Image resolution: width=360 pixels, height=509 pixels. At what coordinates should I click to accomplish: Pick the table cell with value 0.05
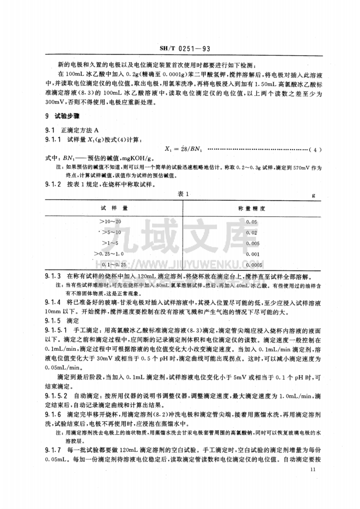point(251,221)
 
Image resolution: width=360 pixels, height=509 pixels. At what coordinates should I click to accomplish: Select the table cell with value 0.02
point(251,232)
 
